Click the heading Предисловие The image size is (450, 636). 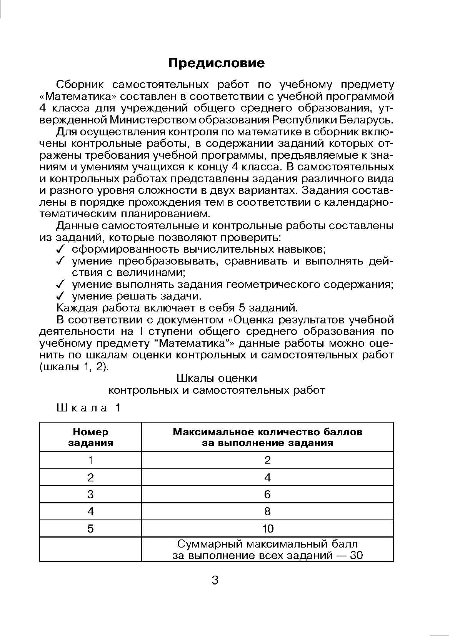click(x=217, y=63)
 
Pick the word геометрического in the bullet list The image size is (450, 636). click(x=273, y=285)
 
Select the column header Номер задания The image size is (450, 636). click(x=91, y=438)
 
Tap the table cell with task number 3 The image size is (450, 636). click(x=91, y=494)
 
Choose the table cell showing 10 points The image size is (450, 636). click(x=268, y=529)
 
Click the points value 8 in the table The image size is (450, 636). click(x=268, y=511)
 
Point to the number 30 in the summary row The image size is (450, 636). click(x=356, y=556)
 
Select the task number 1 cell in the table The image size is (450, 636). click(x=91, y=460)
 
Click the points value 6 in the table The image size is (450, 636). click(x=268, y=494)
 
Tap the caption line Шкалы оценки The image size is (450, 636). click(x=217, y=379)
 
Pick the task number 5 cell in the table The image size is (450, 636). click(x=91, y=529)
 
